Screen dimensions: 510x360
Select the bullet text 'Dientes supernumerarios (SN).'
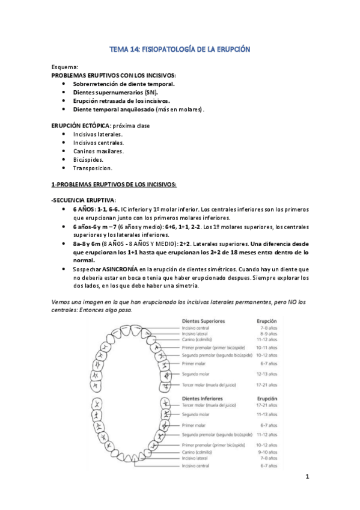(111, 93)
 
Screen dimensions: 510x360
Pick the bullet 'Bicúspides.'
(88, 160)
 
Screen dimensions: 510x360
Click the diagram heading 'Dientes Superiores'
(203, 321)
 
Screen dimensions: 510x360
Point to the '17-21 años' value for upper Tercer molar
(267, 386)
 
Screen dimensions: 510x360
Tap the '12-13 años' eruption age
(267, 373)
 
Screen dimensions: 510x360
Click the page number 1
(307, 478)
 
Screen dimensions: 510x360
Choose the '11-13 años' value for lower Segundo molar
(267, 415)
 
